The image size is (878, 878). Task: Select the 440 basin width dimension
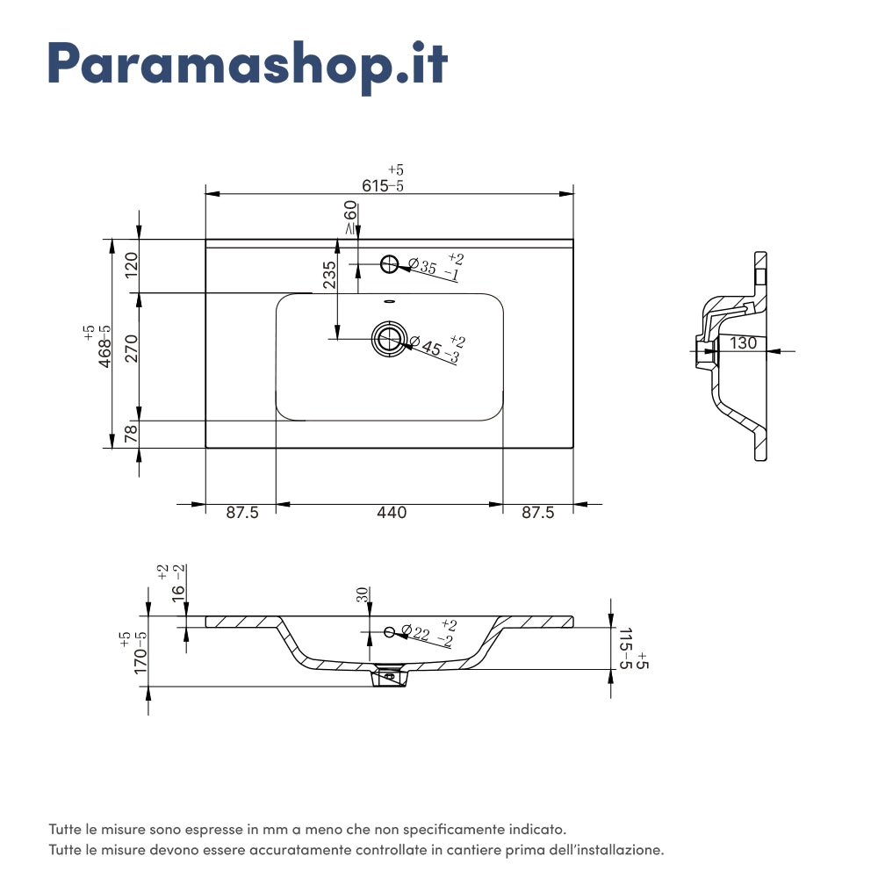point(392,513)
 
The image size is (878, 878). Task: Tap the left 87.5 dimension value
point(242,513)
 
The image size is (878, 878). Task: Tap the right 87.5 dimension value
point(538,513)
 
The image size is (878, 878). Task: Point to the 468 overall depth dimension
point(104,345)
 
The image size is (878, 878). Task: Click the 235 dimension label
point(329,275)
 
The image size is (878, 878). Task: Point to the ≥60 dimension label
point(350,217)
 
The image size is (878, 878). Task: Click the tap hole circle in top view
point(389,263)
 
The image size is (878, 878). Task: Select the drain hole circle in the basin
point(388,337)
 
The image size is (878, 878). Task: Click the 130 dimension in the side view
point(743,343)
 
